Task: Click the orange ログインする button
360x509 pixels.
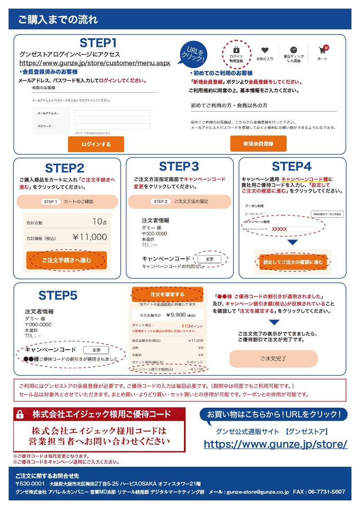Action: (x=96, y=144)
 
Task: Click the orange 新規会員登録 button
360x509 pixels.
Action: (x=258, y=144)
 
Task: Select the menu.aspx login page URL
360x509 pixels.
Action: (x=94, y=63)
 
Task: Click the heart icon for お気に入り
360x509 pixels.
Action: (x=265, y=51)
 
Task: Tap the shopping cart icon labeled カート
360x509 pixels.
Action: (x=322, y=50)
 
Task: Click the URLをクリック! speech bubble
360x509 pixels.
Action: (x=193, y=54)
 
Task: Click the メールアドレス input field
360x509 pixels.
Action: (x=112, y=113)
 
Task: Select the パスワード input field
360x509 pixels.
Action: (x=112, y=126)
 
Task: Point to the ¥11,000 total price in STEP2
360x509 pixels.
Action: (x=90, y=237)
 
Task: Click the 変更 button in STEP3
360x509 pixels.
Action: (x=209, y=259)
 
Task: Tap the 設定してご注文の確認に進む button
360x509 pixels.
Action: (x=293, y=262)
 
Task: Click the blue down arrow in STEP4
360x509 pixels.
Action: (x=292, y=243)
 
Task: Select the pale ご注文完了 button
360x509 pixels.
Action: (x=274, y=359)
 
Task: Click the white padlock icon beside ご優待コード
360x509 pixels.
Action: (x=20, y=414)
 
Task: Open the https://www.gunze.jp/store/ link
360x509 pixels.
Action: (x=275, y=444)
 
